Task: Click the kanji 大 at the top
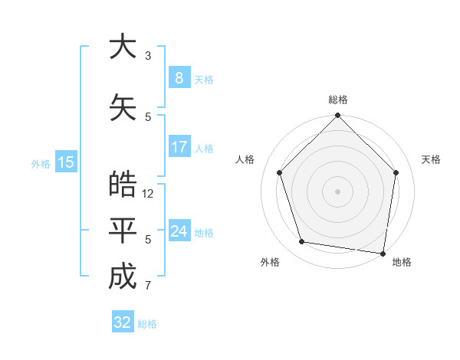point(122,47)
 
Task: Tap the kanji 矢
point(122,107)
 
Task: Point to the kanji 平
point(122,231)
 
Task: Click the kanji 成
point(122,277)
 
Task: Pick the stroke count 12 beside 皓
point(149,194)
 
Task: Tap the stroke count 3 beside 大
point(148,56)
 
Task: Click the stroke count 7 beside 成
point(148,286)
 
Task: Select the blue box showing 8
point(179,78)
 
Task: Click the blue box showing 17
point(179,147)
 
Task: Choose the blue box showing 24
point(179,231)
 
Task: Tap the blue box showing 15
point(66,162)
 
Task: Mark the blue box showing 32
point(123,322)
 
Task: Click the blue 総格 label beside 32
point(147,324)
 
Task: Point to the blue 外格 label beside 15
point(41,163)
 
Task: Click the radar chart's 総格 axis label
point(338,100)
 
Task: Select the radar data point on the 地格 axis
point(382,253)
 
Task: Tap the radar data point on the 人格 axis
point(280,172)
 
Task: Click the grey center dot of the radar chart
point(338,191)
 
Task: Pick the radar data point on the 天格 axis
point(396,172)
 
